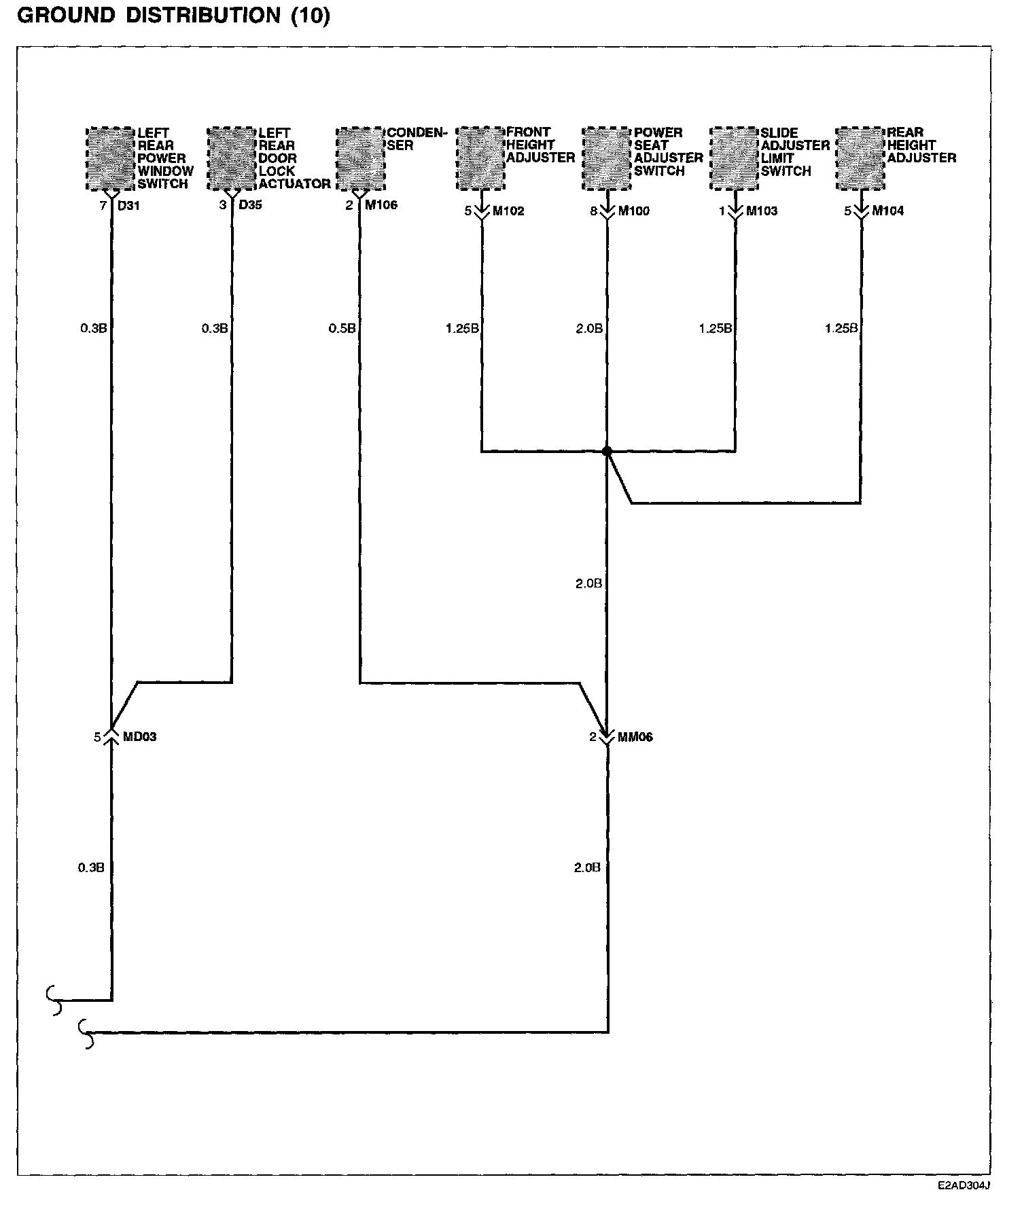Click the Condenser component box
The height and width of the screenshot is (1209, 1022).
361,159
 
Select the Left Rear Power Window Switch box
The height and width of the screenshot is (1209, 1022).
111,159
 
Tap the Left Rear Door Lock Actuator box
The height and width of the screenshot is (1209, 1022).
232,159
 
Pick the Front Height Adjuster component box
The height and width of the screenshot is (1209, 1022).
481,159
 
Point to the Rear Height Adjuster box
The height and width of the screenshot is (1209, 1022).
861,159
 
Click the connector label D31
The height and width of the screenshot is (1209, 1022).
128,205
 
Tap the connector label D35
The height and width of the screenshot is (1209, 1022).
250,205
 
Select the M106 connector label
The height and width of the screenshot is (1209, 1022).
381,205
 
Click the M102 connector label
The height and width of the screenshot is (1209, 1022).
508,211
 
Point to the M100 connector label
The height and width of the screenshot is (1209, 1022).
633,211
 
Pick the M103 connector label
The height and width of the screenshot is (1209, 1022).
762,211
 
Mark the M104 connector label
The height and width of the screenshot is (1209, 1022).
888,211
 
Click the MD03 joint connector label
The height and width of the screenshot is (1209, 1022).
139,737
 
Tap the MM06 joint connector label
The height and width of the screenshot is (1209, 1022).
635,737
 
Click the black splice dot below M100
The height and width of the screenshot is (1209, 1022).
607,451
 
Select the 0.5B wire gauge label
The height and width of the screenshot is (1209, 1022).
342,329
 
